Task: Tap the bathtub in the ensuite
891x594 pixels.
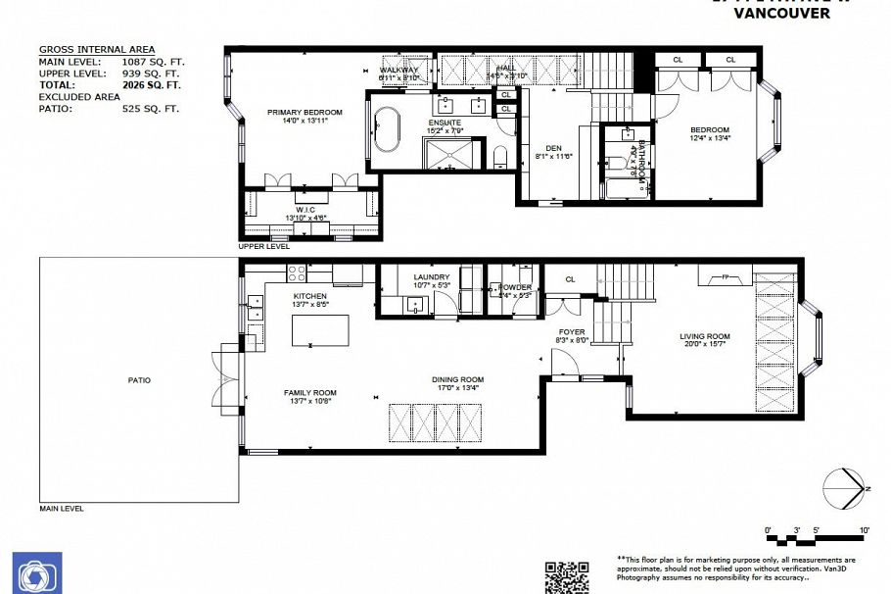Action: click(x=384, y=133)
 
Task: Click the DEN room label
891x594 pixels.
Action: click(x=551, y=149)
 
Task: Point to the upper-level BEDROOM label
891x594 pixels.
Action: click(x=709, y=130)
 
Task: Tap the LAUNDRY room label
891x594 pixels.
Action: click(x=431, y=277)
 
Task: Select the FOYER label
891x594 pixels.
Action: click(x=572, y=332)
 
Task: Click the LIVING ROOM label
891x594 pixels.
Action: click(x=705, y=337)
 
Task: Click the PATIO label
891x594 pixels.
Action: click(x=138, y=379)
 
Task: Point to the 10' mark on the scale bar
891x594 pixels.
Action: click(x=863, y=530)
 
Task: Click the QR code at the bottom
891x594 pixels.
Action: click(x=566, y=577)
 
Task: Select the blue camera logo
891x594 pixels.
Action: click(x=37, y=572)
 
